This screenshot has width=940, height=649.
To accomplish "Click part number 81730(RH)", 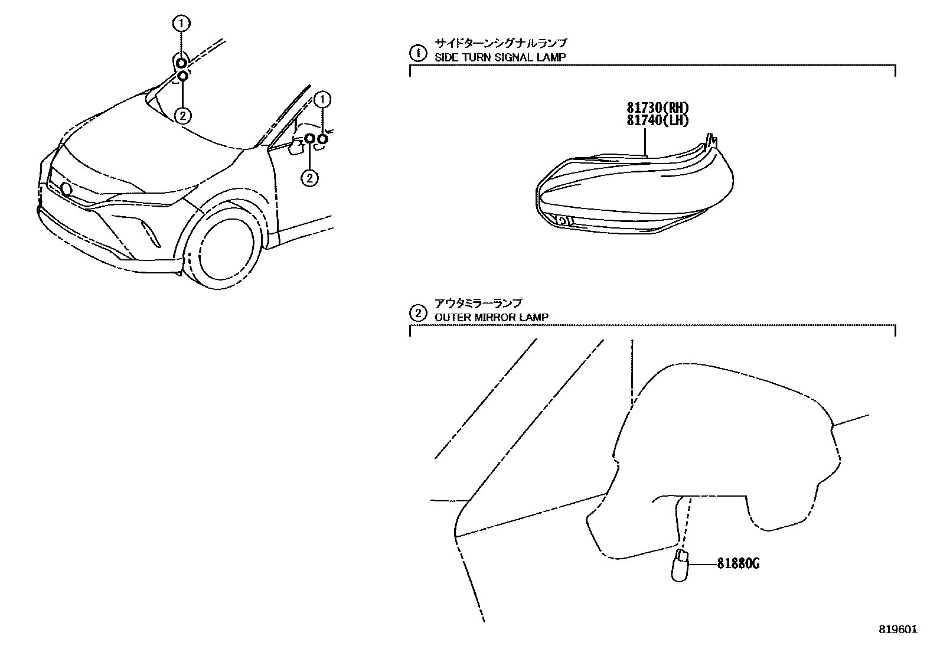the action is [658, 108].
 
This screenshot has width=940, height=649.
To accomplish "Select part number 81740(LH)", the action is [658, 120].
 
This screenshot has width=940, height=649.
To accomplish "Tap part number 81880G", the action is [738, 564].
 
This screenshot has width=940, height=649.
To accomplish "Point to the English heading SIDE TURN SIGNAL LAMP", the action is [500, 57].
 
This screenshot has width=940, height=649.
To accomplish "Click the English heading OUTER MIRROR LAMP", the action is [491, 317].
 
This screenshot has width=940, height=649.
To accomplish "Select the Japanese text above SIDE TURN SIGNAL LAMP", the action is [500, 43].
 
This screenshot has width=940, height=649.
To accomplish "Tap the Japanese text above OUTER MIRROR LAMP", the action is [478, 303].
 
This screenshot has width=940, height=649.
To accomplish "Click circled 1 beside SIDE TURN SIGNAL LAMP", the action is [417, 54].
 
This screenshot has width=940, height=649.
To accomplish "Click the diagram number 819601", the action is [897, 630].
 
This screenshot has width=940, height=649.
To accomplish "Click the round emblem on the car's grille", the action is [66, 189].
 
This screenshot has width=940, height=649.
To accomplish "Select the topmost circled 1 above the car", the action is [181, 24].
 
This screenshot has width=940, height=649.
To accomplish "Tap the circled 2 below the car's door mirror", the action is [309, 177].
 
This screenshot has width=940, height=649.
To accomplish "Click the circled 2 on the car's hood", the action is [182, 115].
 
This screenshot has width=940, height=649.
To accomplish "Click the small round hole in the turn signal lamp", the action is [562, 221].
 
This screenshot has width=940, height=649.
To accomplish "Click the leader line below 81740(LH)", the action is [646, 142].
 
